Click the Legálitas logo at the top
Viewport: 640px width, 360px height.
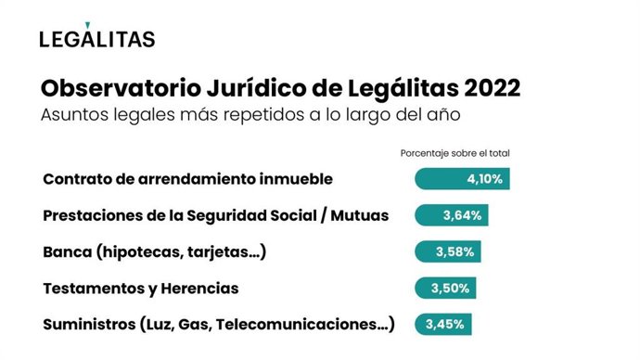(97, 37)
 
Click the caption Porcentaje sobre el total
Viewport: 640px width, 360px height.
(455, 153)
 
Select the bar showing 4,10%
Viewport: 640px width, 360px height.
(462, 179)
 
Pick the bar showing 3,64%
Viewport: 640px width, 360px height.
(451, 215)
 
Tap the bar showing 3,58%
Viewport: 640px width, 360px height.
(448, 251)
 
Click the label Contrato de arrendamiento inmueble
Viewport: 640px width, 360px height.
(187, 179)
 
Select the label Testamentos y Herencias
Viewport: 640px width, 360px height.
(141, 289)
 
